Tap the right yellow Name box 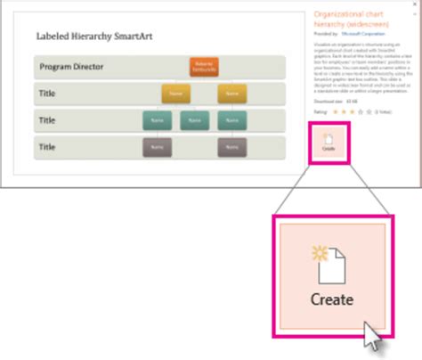coord(231,94)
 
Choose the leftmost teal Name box coord(157,119)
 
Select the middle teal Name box coord(193,119)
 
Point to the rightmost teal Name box coord(231,119)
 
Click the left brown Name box coord(157,146)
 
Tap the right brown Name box coord(231,146)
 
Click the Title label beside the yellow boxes coord(47,94)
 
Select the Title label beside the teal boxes coord(47,119)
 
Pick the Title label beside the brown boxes coord(47,146)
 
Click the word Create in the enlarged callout coord(332,299)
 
